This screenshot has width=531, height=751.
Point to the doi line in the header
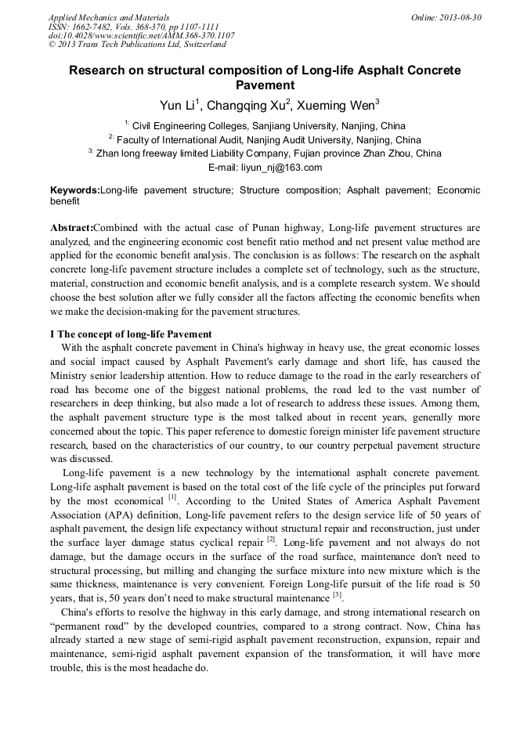(141, 36)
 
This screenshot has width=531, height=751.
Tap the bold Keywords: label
(75, 190)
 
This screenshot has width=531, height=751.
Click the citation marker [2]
(271, 540)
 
